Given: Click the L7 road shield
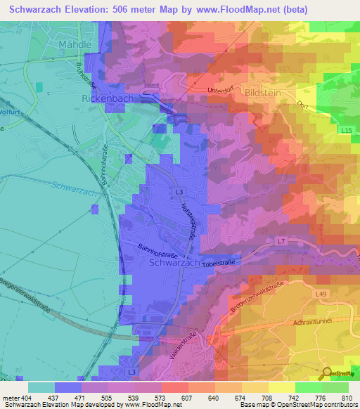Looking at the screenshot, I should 281,241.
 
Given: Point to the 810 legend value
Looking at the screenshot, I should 345,398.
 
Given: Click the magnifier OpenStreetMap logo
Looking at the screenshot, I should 327,374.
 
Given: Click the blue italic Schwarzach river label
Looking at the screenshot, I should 74,188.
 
